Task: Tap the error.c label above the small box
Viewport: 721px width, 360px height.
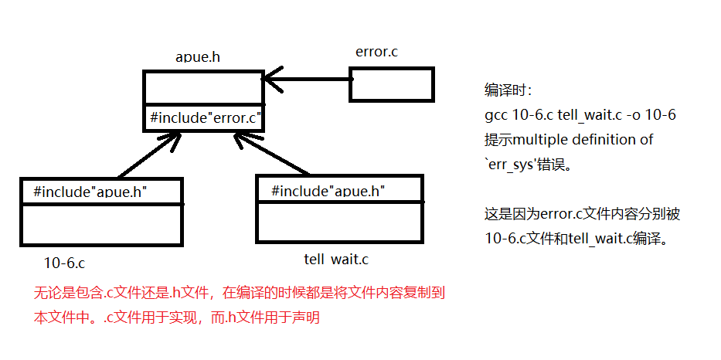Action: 376,52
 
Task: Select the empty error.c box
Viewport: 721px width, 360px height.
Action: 392,84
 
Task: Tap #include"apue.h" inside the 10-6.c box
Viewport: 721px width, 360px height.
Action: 90,191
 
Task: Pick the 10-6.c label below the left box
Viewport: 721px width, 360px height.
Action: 65,263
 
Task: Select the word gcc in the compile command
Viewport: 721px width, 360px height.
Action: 496,115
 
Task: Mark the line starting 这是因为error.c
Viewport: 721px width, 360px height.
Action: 582,214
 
